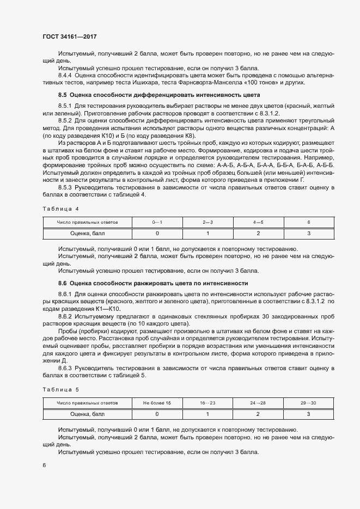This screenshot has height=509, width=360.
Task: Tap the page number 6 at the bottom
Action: coord(44,465)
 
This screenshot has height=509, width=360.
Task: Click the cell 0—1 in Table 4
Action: coord(157,223)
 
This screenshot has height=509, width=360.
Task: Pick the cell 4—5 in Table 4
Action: coord(258,223)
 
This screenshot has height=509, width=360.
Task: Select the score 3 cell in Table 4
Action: coord(309,233)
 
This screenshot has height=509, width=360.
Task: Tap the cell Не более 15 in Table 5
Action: coord(157,403)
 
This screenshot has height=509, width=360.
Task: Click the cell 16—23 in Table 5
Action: coord(208,403)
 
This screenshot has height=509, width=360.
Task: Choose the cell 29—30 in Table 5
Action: coord(309,403)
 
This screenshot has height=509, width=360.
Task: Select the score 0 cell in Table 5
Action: coord(157,414)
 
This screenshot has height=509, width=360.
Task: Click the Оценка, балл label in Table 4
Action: coord(87,233)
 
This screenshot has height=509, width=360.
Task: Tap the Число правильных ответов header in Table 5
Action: coord(87,403)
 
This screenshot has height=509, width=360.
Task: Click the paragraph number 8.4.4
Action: coord(65,75)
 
